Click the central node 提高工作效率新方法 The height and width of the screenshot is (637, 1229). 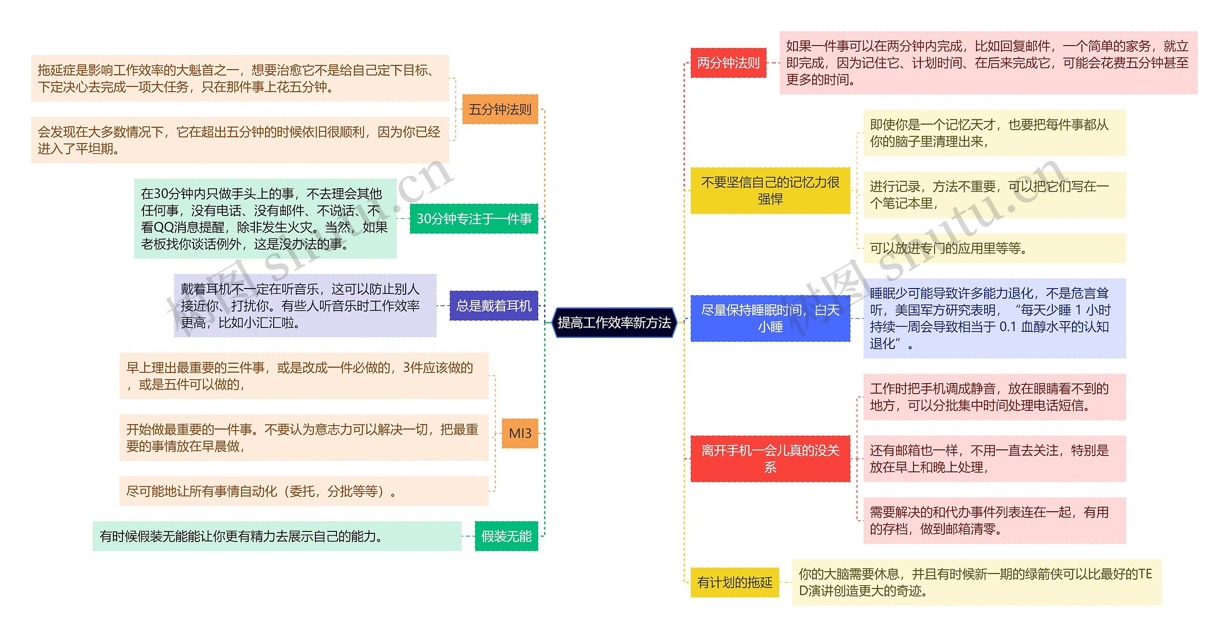click(614, 323)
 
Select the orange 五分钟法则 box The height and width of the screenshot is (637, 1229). click(500, 109)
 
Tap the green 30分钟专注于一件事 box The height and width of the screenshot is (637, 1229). click(474, 219)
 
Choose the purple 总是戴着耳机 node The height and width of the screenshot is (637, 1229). click(494, 306)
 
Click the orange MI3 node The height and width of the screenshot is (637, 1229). click(520, 433)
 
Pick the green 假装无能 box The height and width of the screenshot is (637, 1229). click(506, 536)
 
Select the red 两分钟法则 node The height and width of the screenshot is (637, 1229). click(728, 63)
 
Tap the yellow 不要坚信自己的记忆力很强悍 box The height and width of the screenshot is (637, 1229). click(770, 191)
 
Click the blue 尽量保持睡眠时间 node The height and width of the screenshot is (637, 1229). click(770, 318)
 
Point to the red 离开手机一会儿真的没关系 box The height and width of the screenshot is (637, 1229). click(770, 458)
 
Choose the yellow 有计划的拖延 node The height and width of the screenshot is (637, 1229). click(735, 583)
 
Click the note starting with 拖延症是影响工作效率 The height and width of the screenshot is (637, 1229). click(240, 78)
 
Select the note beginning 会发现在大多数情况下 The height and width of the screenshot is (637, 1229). click(240, 140)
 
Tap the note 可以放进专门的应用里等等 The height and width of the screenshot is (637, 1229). click(994, 248)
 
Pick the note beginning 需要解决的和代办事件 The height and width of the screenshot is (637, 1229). click(994, 521)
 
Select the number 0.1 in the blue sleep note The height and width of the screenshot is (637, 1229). click(1008, 327)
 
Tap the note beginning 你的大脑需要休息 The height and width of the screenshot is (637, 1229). click(976, 582)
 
